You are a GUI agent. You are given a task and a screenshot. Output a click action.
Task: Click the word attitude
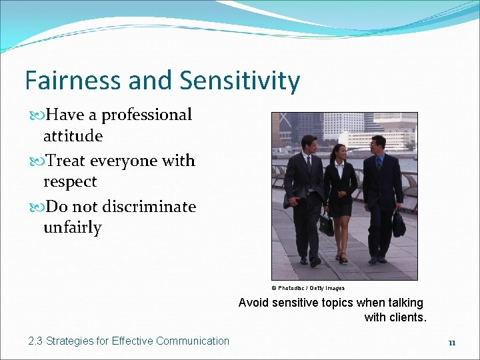pos(73,136)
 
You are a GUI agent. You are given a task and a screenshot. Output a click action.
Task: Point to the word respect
pos(70,181)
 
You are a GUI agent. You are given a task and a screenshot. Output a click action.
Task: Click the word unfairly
pos(72,227)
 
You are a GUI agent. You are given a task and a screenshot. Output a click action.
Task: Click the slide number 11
pos(451,343)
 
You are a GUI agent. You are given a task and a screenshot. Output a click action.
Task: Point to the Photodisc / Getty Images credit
pos(308,288)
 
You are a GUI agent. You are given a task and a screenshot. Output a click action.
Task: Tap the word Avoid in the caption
pos(253,303)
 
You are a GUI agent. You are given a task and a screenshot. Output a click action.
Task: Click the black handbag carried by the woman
pos(326,225)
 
